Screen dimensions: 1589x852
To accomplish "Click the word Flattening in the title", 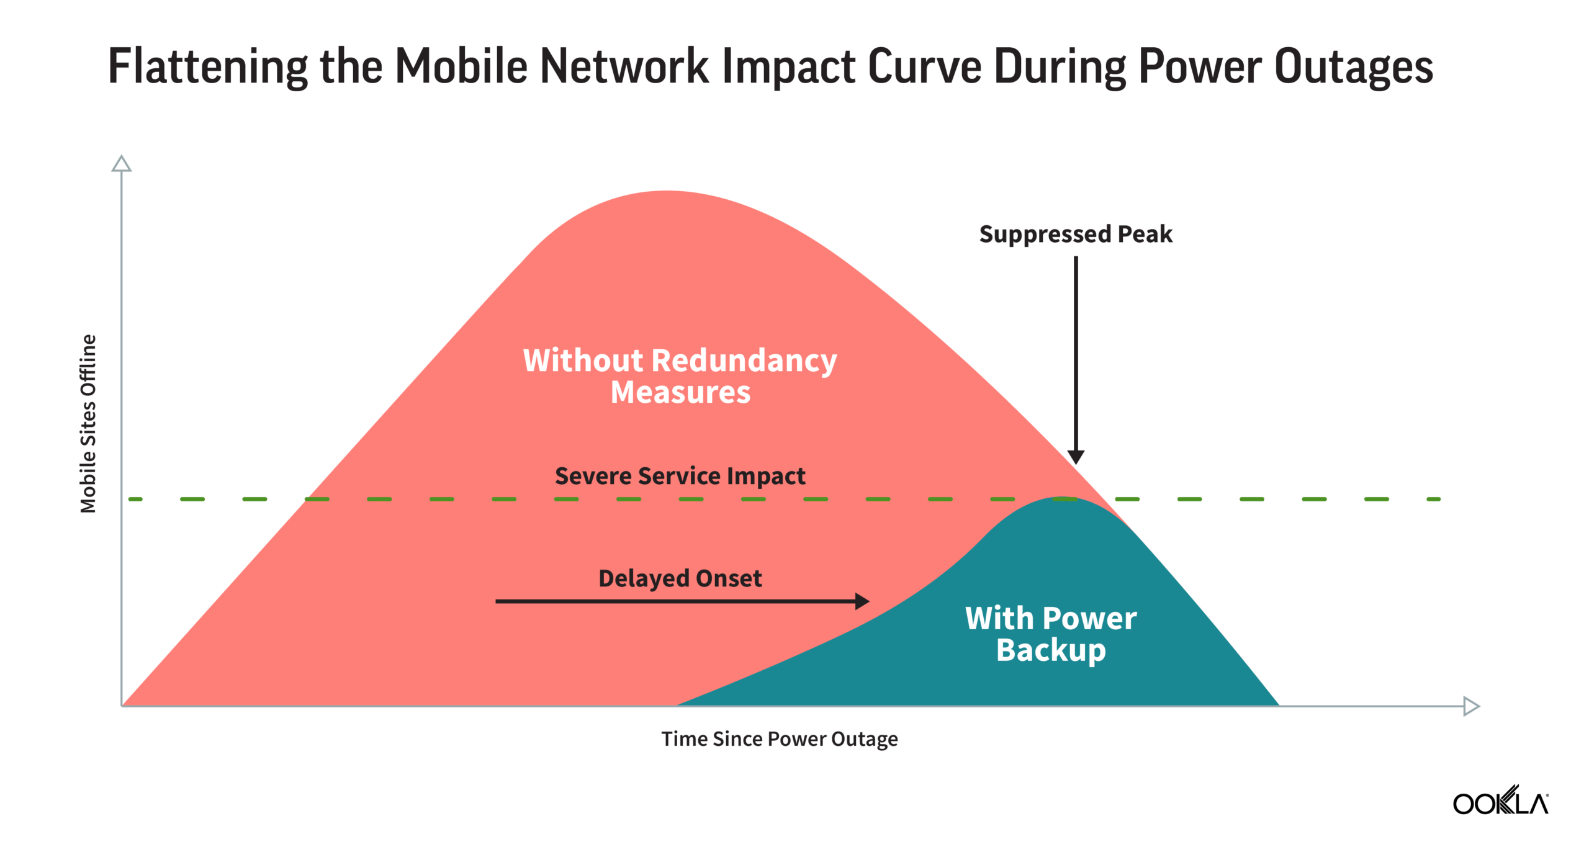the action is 208,66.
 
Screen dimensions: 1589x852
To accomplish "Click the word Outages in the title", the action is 1354,67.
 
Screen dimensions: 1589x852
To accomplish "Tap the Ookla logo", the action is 1500,800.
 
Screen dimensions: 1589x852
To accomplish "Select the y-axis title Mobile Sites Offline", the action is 88,424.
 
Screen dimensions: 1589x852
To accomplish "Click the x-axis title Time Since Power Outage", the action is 779,739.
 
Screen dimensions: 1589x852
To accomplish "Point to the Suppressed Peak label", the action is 1076,234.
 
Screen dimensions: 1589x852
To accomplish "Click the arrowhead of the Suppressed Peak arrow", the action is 1076,457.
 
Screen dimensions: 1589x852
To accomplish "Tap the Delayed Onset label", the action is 680,578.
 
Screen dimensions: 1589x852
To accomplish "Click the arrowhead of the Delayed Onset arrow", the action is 862,601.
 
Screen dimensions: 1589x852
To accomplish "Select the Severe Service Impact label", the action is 680,476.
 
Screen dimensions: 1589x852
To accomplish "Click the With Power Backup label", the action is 1051,634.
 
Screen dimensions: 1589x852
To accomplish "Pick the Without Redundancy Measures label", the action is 680,376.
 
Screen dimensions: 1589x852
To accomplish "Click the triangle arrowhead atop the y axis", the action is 121,163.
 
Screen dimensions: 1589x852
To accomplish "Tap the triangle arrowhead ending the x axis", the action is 1472,706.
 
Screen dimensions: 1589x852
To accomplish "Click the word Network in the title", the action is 624,66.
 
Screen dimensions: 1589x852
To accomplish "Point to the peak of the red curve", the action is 665,191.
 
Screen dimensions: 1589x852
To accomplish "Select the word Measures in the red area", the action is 680,392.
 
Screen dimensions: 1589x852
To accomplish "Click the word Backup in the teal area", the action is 1051,650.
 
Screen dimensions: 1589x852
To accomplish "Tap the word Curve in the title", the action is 925,66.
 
